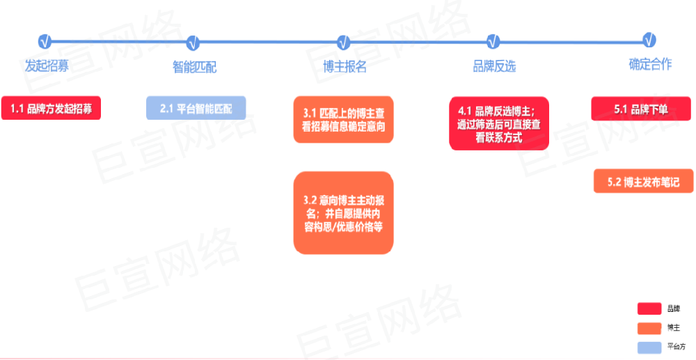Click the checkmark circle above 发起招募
click(45, 41)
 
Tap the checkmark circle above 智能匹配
click(195, 42)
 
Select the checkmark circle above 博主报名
click(344, 42)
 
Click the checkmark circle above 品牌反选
click(493, 40)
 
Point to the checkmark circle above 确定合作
click(649, 40)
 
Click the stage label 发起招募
click(47, 66)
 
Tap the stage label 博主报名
click(345, 67)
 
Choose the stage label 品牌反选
click(494, 67)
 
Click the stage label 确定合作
click(650, 65)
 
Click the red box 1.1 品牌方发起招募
click(52, 109)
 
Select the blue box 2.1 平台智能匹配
click(196, 109)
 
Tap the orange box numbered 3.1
click(344, 120)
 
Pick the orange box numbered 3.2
click(344, 212)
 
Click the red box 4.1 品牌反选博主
click(499, 123)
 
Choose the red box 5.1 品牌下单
click(641, 109)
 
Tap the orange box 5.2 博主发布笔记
click(644, 181)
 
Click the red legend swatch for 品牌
click(649, 308)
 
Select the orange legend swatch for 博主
click(649, 327)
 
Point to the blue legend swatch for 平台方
click(649, 346)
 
